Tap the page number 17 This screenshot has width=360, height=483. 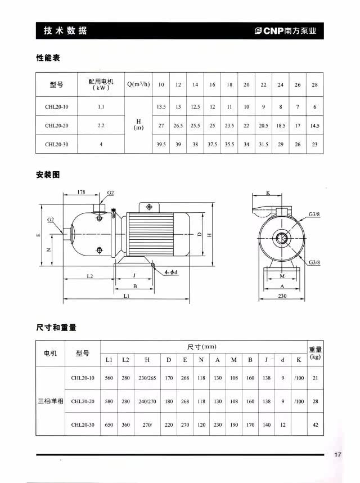click(x=337, y=455)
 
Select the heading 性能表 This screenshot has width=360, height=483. click(x=48, y=58)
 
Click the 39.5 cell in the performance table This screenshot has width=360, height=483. click(x=161, y=144)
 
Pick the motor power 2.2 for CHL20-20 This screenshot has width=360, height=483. click(x=101, y=126)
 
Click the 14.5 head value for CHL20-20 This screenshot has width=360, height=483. click(x=314, y=126)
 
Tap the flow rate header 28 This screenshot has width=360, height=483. click(x=314, y=84)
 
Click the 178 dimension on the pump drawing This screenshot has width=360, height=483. click(x=82, y=193)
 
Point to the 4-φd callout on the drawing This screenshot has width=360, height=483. click(x=171, y=272)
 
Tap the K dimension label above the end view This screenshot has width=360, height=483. click(x=268, y=193)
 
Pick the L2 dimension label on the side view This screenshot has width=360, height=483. click(x=89, y=276)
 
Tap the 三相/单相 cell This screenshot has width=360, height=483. click(x=51, y=401)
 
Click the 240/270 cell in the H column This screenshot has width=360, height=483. click(x=147, y=401)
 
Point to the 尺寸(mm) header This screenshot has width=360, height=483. click(x=202, y=347)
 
